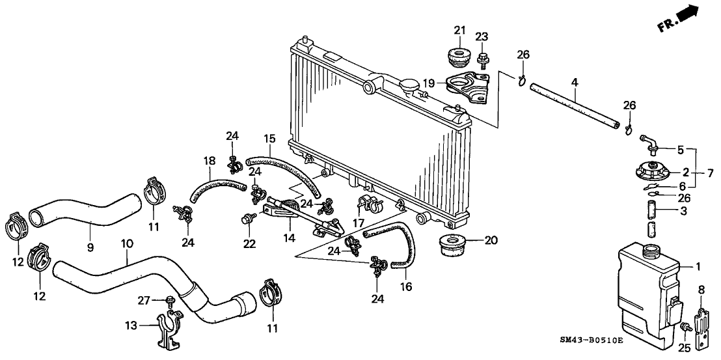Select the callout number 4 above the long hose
pyautogui.click(x=574, y=82)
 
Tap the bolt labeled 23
pyautogui.click(x=482, y=60)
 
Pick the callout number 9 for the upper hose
pyautogui.click(x=90, y=247)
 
